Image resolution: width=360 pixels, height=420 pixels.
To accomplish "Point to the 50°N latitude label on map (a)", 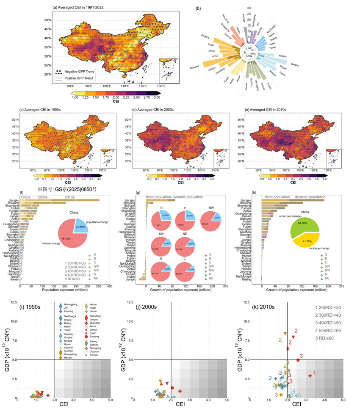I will (47, 20).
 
